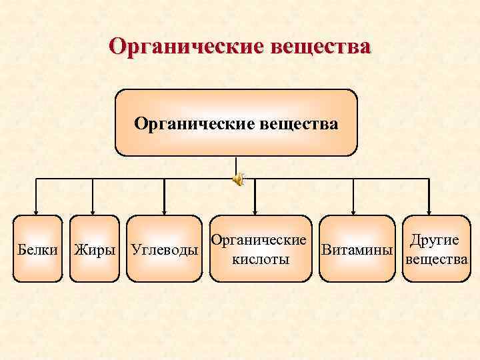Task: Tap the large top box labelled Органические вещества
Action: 236,123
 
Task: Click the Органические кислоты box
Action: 260,247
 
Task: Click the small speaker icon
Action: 238,178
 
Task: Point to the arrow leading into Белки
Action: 35,200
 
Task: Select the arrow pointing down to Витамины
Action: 356,200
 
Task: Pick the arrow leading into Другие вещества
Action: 429,200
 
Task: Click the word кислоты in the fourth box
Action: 260,259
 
